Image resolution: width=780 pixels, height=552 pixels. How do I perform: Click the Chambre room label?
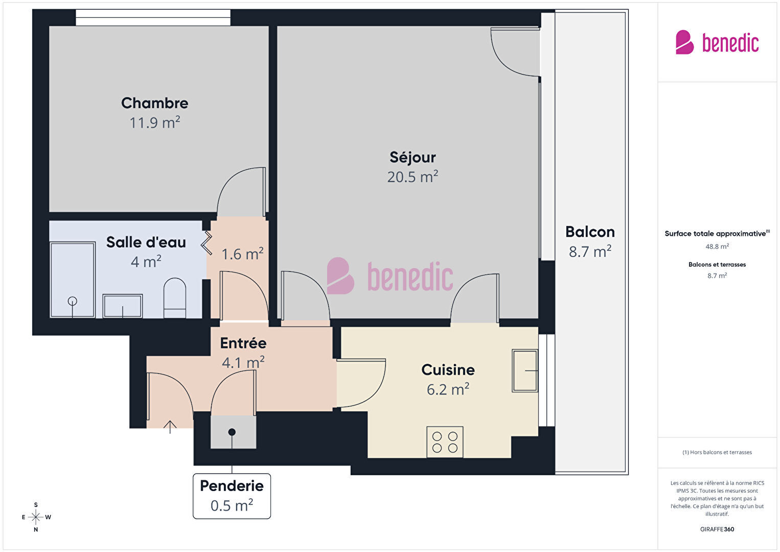(154, 103)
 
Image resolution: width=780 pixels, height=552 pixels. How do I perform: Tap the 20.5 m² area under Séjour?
(412, 176)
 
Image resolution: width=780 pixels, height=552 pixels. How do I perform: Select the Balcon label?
(590, 232)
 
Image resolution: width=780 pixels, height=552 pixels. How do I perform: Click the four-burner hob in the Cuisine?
(445, 442)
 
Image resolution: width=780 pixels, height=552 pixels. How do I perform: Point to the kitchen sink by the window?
(525, 370)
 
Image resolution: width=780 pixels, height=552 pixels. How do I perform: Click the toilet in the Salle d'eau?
(174, 298)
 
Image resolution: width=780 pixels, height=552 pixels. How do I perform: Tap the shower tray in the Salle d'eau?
(73, 279)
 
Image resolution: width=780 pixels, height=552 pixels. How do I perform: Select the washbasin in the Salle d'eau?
(122, 306)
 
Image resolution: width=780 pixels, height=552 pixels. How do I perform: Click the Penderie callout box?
(232, 496)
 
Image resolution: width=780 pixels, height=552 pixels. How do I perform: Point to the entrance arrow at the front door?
(170, 427)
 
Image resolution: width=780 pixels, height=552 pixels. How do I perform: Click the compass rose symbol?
(35, 517)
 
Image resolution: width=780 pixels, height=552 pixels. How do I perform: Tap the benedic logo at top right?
(717, 42)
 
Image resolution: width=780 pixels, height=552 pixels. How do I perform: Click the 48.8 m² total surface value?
(717, 247)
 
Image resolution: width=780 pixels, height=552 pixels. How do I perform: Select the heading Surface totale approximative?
(715, 234)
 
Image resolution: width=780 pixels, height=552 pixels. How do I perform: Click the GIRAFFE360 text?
(717, 529)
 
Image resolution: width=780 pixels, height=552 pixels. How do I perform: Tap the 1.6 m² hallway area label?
(242, 254)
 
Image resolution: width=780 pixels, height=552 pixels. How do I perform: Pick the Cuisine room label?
(448, 370)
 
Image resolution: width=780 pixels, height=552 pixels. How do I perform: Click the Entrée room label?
(243, 343)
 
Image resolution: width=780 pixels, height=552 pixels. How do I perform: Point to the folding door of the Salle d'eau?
(207, 243)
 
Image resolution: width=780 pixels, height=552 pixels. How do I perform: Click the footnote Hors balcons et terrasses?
(717, 452)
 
